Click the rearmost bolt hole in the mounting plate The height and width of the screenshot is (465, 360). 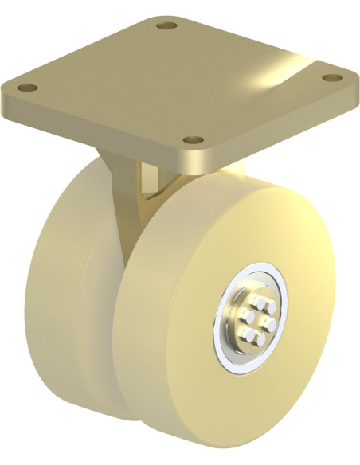click(166, 26)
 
